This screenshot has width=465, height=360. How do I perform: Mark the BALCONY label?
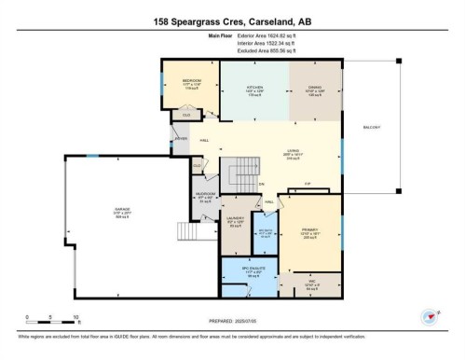coord(371,127)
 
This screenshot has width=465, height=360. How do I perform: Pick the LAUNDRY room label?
coord(236,221)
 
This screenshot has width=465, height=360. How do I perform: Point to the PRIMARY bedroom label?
coord(309,227)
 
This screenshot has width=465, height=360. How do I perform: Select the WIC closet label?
coord(313,285)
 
